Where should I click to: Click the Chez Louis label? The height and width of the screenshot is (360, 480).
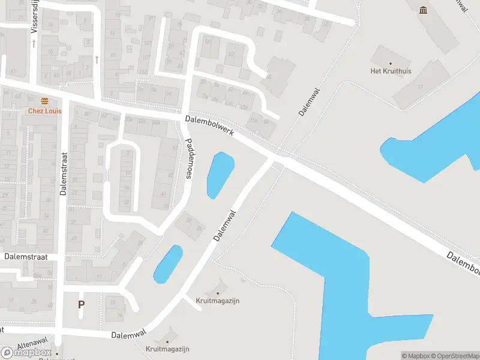[44, 110]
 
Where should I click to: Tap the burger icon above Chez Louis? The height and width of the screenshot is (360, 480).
[44, 101]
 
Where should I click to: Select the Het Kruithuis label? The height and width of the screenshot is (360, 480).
[391, 71]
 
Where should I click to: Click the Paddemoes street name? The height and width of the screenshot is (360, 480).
[190, 158]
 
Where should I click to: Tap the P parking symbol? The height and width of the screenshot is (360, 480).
[81, 304]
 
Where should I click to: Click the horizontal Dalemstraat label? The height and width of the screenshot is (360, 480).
[25, 256]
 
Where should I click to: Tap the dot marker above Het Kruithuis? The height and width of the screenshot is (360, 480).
[391, 63]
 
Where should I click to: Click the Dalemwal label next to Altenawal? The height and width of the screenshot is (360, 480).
[128, 334]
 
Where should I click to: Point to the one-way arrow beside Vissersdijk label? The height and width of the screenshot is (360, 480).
[34, 43]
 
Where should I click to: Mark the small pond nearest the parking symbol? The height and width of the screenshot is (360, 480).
[168, 264]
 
